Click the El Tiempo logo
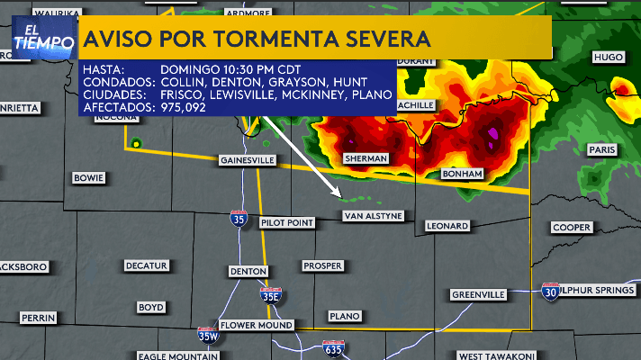[x=43, y=39]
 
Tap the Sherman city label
[x=366, y=158]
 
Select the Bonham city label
[x=465, y=173]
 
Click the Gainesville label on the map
[x=247, y=160]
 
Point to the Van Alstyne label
[x=372, y=216]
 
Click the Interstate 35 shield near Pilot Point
[x=238, y=218]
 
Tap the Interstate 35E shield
[x=270, y=294]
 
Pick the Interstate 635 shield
[x=333, y=348]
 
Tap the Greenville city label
[x=478, y=294]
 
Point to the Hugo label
[x=609, y=57]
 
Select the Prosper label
[x=322, y=265]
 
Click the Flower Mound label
[x=257, y=325]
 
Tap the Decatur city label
[x=146, y=265]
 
